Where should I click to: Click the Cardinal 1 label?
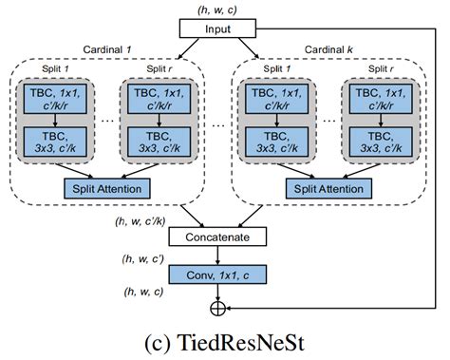(x=107, y=49)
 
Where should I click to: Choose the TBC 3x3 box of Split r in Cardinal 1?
(x=155, y=141)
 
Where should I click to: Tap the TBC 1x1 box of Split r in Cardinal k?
(x=378, y=99)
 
